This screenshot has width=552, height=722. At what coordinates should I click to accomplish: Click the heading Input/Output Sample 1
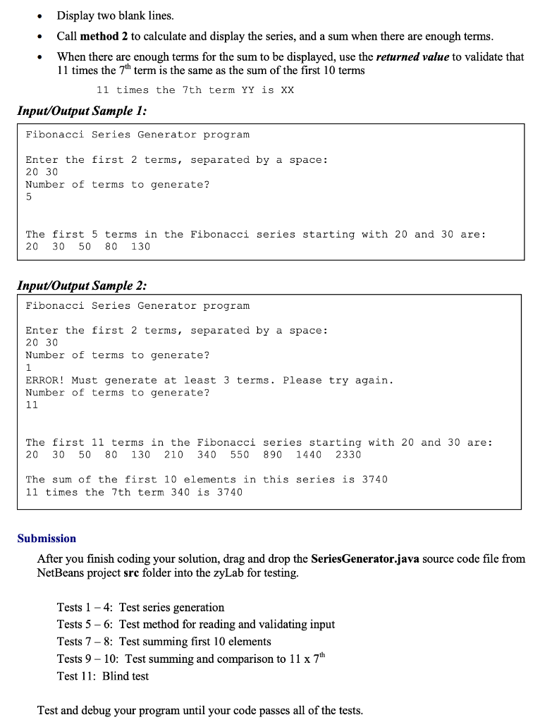(x=82, y=111)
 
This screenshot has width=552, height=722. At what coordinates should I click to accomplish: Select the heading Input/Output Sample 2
(x=82, y=286)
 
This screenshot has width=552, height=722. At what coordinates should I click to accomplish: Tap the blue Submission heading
(x=47, y=539)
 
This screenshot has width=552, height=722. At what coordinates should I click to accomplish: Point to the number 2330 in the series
(x=348, y=455)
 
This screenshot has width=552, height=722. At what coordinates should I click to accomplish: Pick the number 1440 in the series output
(x=309, y=455)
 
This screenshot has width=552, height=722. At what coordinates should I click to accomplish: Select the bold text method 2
(x=105, y=36)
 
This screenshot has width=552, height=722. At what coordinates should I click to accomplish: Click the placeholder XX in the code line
(x=287, y=90)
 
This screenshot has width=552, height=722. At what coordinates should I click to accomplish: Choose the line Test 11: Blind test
(x=103, y=676)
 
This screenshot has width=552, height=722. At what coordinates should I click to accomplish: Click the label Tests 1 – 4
(x=84, y=608)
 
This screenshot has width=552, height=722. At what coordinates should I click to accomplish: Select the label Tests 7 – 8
(x=84, y=642)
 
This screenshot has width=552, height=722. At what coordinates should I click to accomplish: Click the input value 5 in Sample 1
(x=29, y=197)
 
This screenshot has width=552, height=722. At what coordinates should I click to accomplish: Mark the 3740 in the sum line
(x=374, y=479)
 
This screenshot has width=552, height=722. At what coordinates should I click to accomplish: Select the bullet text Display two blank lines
(x=115, y=16)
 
